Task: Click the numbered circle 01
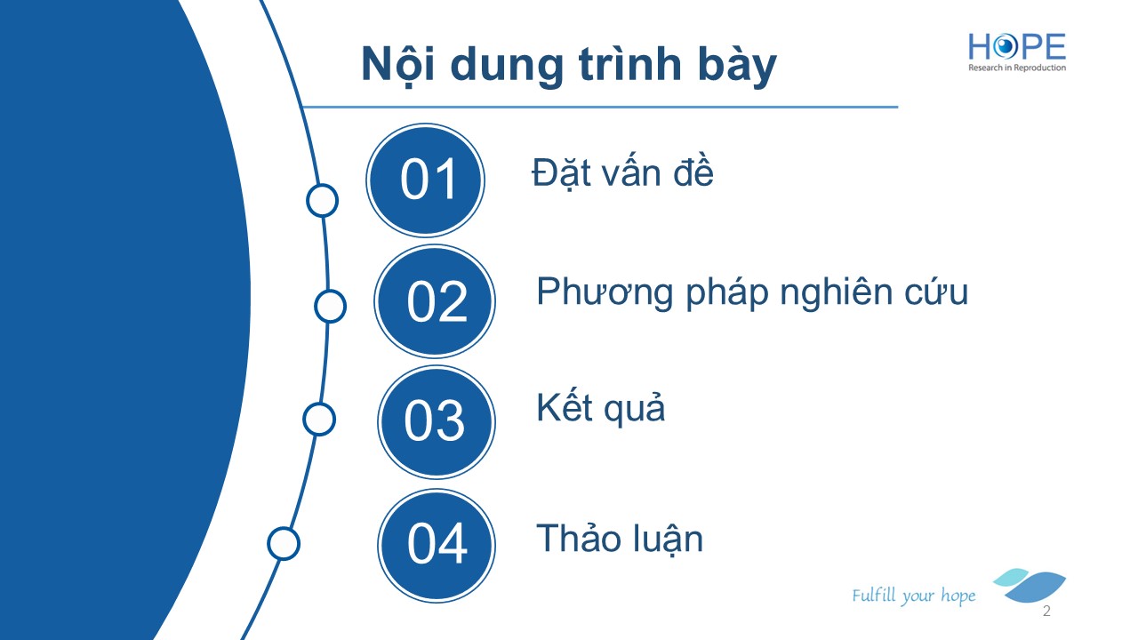(x=425, y=180)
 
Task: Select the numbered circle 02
(x=435, y=301)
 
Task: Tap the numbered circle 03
(x=437, y=422)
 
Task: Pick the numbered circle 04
(x=437, y=546)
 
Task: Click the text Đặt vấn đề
(x=622, y=172)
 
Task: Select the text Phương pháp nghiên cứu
(x=752, y=292)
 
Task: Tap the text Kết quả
(x=600, y=407)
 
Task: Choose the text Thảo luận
(x=620, y=539)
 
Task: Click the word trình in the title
(x=629, y=64)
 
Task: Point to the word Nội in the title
(x=398, y=65)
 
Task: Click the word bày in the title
(x=737, y=66)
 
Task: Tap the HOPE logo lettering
(x=1016, y=47)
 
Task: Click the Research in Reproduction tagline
(x=1016, y=68)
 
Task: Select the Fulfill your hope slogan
(x=913, y=596)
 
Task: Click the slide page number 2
(x=1046, y=611)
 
